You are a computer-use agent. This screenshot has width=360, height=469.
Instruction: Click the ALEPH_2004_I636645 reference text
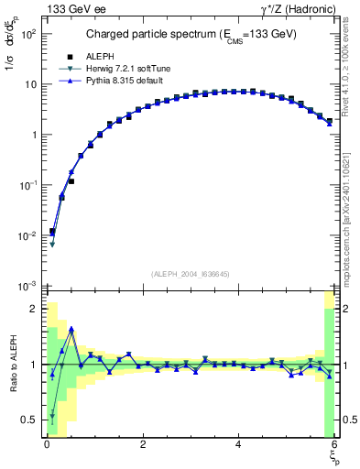(x=190, y=273)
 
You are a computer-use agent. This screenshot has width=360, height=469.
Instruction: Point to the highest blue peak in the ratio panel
(x=71, y=329)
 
